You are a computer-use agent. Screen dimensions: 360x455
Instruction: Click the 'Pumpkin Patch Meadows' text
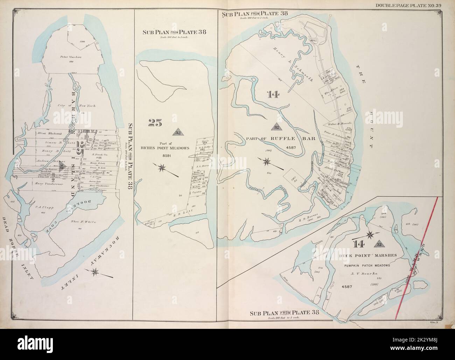(370, 266)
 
